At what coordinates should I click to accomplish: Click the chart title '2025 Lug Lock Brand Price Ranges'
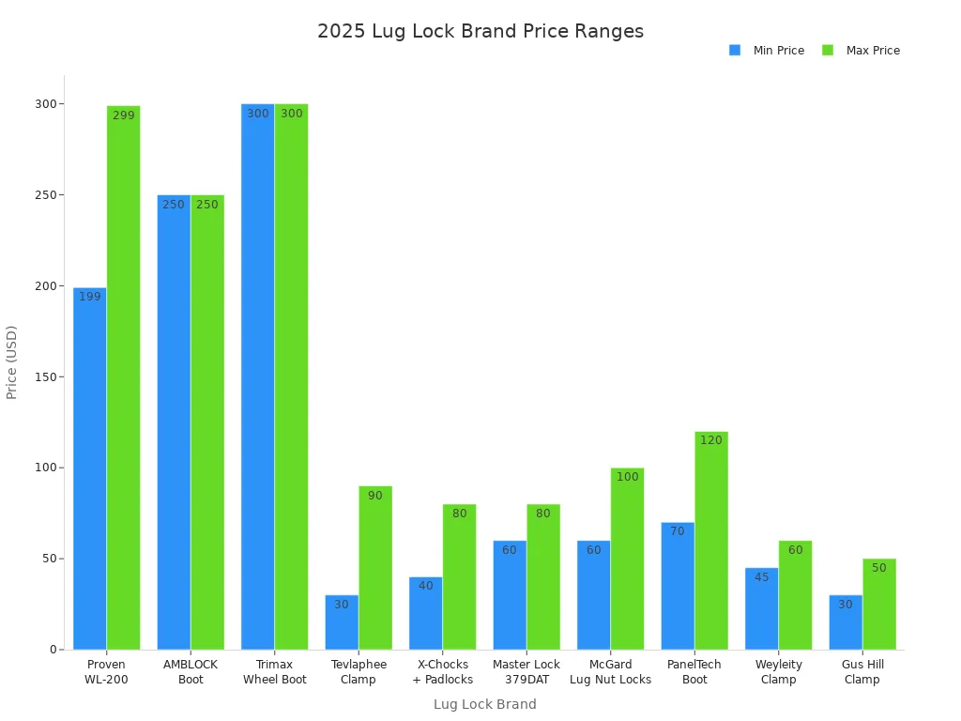(x=480, y=31)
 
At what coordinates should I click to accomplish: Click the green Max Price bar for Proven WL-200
(x=123, y=376)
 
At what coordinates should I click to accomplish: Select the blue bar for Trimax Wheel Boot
(x=258, y=376)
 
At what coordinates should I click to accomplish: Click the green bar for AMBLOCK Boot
(x=207, y=422)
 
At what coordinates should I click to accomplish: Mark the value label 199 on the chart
(x=90, y=297)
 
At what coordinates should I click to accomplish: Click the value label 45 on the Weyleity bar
(x=761, y=577)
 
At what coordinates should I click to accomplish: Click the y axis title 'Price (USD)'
(x=12, y=361)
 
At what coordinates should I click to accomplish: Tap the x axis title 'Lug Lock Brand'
(x=484, y=704)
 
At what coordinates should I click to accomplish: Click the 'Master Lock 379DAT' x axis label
(x=526, y=671)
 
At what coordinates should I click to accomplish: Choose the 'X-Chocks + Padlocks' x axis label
(x=442, y=671)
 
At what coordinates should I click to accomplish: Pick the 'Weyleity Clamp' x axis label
(x=778, y=671)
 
